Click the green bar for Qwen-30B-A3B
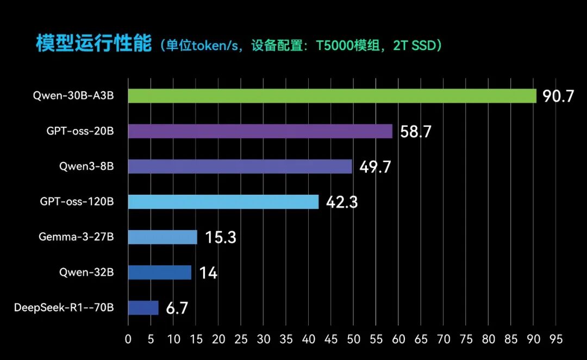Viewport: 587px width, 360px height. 332,96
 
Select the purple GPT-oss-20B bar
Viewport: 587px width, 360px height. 260,131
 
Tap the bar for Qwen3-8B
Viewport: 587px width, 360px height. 240,166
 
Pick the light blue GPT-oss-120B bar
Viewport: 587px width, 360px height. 223,202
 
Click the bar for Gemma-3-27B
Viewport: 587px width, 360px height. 163,237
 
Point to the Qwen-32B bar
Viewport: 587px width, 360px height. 159,272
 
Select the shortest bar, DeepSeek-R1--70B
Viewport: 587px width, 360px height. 143,308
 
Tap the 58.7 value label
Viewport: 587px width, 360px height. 415,132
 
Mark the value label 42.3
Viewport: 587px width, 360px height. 342,202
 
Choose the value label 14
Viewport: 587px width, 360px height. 208,273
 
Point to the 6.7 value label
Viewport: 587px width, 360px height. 177,308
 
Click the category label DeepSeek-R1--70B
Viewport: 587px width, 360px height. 64,308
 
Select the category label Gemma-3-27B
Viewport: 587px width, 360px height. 76,237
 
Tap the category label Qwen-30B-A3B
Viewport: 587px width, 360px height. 73,96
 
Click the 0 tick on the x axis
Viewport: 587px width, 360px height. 128,339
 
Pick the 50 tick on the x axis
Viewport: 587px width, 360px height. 353,339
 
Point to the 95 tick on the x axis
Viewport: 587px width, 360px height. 556,339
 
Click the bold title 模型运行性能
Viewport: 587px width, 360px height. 93,44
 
